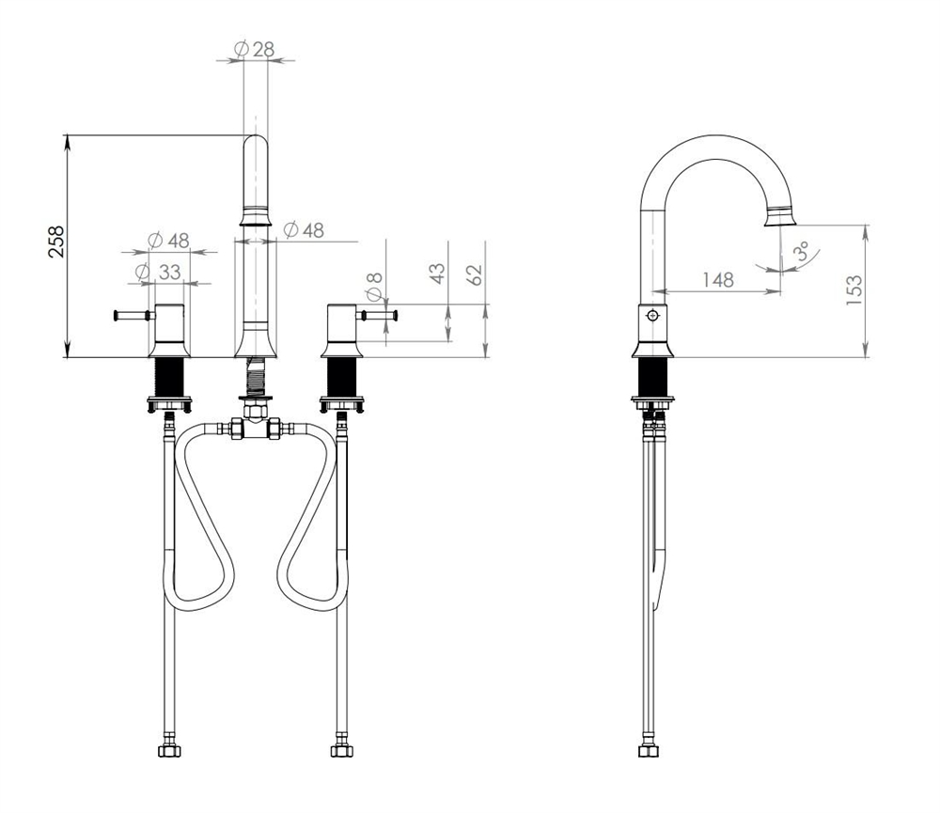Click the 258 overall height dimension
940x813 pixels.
tap(55, 242)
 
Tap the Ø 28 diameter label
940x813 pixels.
tap(254, 49)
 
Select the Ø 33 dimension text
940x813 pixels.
tap(158, 273)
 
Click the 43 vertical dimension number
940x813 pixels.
tap(438, 274)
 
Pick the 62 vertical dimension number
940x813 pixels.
tap(474, 274)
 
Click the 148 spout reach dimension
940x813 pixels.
tap(717, 279)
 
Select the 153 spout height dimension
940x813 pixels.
tap(854, 289)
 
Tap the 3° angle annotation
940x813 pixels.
tap(802, 250)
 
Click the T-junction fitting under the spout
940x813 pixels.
tap(256, 428)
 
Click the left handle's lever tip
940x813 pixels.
tap(115, 315)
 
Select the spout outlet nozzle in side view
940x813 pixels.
tap(780, 216)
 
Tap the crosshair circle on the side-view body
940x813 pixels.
tap(652, 316)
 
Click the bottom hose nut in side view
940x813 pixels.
tap(649, 751)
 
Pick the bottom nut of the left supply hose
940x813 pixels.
tap(169, 751)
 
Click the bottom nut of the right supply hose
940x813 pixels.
tap(342, 751)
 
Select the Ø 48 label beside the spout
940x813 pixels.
tap(304, 229)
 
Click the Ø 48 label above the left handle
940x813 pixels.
tap(168, 241)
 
